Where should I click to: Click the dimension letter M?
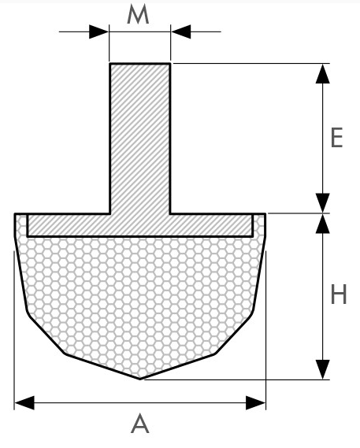tap(138, 15)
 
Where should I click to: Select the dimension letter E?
tap(337, 138)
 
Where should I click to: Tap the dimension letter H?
tap(339, 294)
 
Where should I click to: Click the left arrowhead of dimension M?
tap(99, 31)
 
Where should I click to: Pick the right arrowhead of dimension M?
tap(180, 31)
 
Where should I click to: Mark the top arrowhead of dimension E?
tap(322, 74)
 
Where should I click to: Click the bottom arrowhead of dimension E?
tap(322, 203)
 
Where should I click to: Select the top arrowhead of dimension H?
tap(322, 224)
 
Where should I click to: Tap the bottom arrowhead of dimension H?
tap(322, 369)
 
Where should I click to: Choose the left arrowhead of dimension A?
tap(24, 403)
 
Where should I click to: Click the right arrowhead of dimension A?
tap(256, 403)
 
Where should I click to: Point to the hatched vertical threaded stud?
tap(140, 139)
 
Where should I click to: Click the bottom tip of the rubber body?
tap(140, 380)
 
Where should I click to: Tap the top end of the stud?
tap(140, 64)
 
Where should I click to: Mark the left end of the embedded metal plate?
tap(28, 225)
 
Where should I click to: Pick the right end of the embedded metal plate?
tap(253, 225)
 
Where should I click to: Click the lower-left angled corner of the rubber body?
tap(65, 354)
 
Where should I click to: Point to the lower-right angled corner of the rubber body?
tap(215, 354)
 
